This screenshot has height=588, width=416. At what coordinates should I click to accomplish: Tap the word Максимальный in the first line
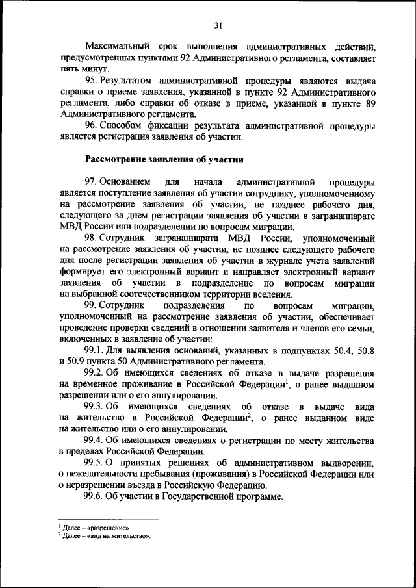click(x=119, y=47)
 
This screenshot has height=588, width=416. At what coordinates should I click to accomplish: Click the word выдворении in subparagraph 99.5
click(x=344, y=463)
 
